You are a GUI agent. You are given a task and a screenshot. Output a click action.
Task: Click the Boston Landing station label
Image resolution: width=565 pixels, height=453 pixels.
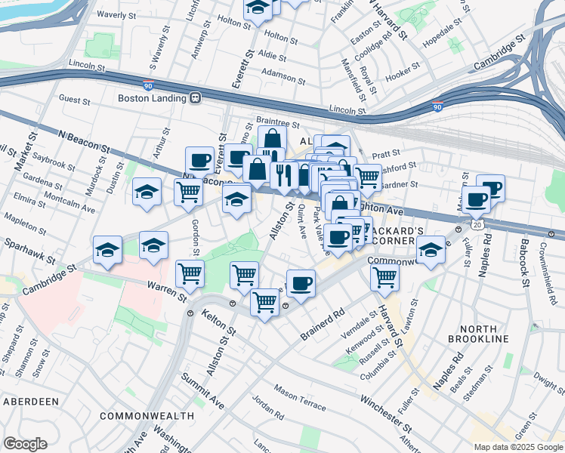click(x=152, y=97)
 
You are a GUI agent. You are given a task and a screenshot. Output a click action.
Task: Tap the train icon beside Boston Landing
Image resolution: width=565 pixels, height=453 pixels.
click(x=195, y=97)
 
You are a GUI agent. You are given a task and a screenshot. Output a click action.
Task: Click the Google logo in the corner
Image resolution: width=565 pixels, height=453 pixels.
click(x=25, y=444)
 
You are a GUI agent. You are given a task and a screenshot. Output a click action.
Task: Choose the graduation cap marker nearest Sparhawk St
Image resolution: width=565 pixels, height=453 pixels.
click(x=108, y=251)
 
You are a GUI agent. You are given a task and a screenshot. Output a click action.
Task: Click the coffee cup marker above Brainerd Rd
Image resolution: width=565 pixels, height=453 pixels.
click(x=301, y=284)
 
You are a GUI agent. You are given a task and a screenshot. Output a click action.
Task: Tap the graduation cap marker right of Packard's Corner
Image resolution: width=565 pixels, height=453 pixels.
click(x=431, y=251)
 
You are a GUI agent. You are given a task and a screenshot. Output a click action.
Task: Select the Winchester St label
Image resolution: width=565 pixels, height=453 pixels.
click(x=385, y=406)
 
